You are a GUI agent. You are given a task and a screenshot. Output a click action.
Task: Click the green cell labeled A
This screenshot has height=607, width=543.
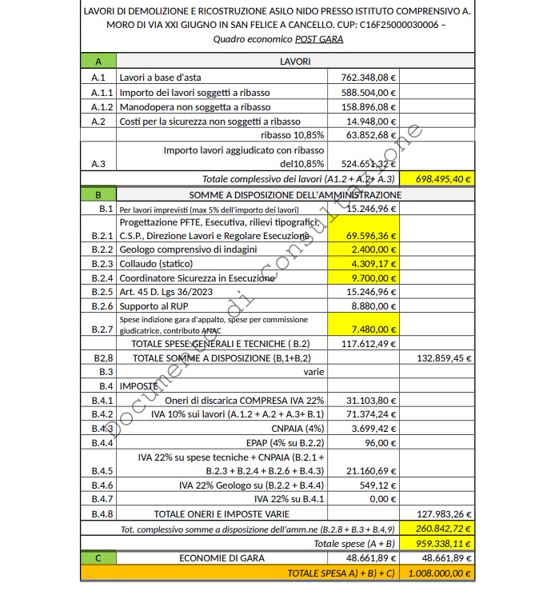[x=98, y=62]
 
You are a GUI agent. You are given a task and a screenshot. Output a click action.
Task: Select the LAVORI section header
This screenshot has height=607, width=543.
[x=295, y=62]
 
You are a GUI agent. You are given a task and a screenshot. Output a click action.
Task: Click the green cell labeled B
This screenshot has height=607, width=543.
[x=98, y=194]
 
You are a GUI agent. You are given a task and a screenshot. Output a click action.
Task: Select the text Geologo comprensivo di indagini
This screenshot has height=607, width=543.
[x=188, y=250]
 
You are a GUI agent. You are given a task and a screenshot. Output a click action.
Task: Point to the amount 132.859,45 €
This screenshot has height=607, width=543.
[x=445, y=358]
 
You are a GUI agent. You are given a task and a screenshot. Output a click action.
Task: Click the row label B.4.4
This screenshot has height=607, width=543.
[x=102, y=442]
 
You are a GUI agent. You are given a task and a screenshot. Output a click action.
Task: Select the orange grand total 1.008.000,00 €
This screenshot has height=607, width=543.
[x=439, y=573]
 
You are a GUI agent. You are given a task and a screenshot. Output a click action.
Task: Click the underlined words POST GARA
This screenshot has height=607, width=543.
[x=319, y=39]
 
